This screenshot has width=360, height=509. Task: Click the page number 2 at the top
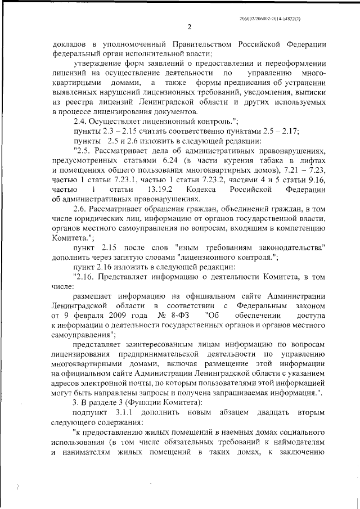[x=189, y=27]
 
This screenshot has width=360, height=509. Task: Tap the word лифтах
[x=312, y=161]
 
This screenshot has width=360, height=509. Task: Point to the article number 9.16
[x=315, y=180]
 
